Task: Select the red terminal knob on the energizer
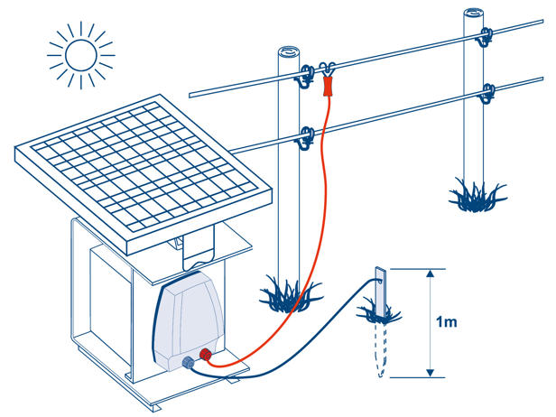pyautogui.click(x=206, y=355)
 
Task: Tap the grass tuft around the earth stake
pyautogui.click(x=380, y=312)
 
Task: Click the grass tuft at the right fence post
pyautogui.click(x=475, y=192)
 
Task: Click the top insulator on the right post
pyautogui.click(x=487, y=38)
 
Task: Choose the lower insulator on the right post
pyautogui.click(x=490, y=89)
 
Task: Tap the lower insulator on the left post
pyautogui.click(x=308, y=137)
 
